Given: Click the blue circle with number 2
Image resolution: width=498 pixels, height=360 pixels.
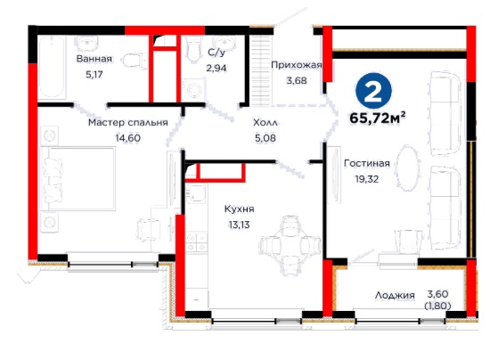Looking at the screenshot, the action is pos(373,91).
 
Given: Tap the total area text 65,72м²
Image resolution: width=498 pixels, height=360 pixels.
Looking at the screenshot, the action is pos(378,119).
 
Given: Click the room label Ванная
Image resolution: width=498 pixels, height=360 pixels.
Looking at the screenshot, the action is pos(94,59).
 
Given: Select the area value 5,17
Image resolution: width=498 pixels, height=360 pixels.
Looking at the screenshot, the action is pos(94,75).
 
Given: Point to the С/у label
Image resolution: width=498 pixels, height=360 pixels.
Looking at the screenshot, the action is pos(216,52).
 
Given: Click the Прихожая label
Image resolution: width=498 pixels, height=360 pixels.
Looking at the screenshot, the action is pos(297,65).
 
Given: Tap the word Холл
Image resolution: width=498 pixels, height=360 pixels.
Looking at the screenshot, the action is pos(265,123).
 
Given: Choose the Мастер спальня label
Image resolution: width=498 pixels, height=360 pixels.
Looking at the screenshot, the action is pos(128,123).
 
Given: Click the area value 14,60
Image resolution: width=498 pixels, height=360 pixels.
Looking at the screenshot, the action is pos(127,138).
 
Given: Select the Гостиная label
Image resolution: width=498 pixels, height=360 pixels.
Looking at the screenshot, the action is pos(367,163).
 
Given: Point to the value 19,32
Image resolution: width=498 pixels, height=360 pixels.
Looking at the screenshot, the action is pos(367,179).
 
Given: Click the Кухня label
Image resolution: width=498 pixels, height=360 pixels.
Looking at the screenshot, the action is pos(239,209).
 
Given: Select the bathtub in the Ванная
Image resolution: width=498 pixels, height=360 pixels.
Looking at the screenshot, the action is pos(52,67).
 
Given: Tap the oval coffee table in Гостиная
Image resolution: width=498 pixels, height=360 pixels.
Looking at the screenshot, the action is pos(408,168).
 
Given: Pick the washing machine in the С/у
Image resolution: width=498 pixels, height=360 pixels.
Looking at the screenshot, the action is pos(193,90).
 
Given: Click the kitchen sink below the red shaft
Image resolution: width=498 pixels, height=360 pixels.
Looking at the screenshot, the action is pos(196,193).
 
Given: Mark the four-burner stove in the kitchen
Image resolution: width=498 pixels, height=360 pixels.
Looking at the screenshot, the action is pos(196,242).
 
